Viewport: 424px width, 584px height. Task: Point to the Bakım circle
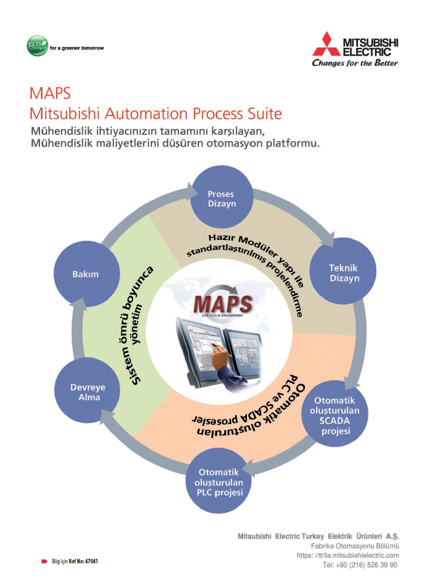[x=85, y=274]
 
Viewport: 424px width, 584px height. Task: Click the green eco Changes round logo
[x=36, y=46]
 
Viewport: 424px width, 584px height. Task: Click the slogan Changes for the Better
[x=355, y=63]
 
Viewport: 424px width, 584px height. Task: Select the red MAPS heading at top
[x=50, y=92]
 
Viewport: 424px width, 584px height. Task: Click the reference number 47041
[x=91, y=561]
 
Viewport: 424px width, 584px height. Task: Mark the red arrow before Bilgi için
[x=45, y=561]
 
